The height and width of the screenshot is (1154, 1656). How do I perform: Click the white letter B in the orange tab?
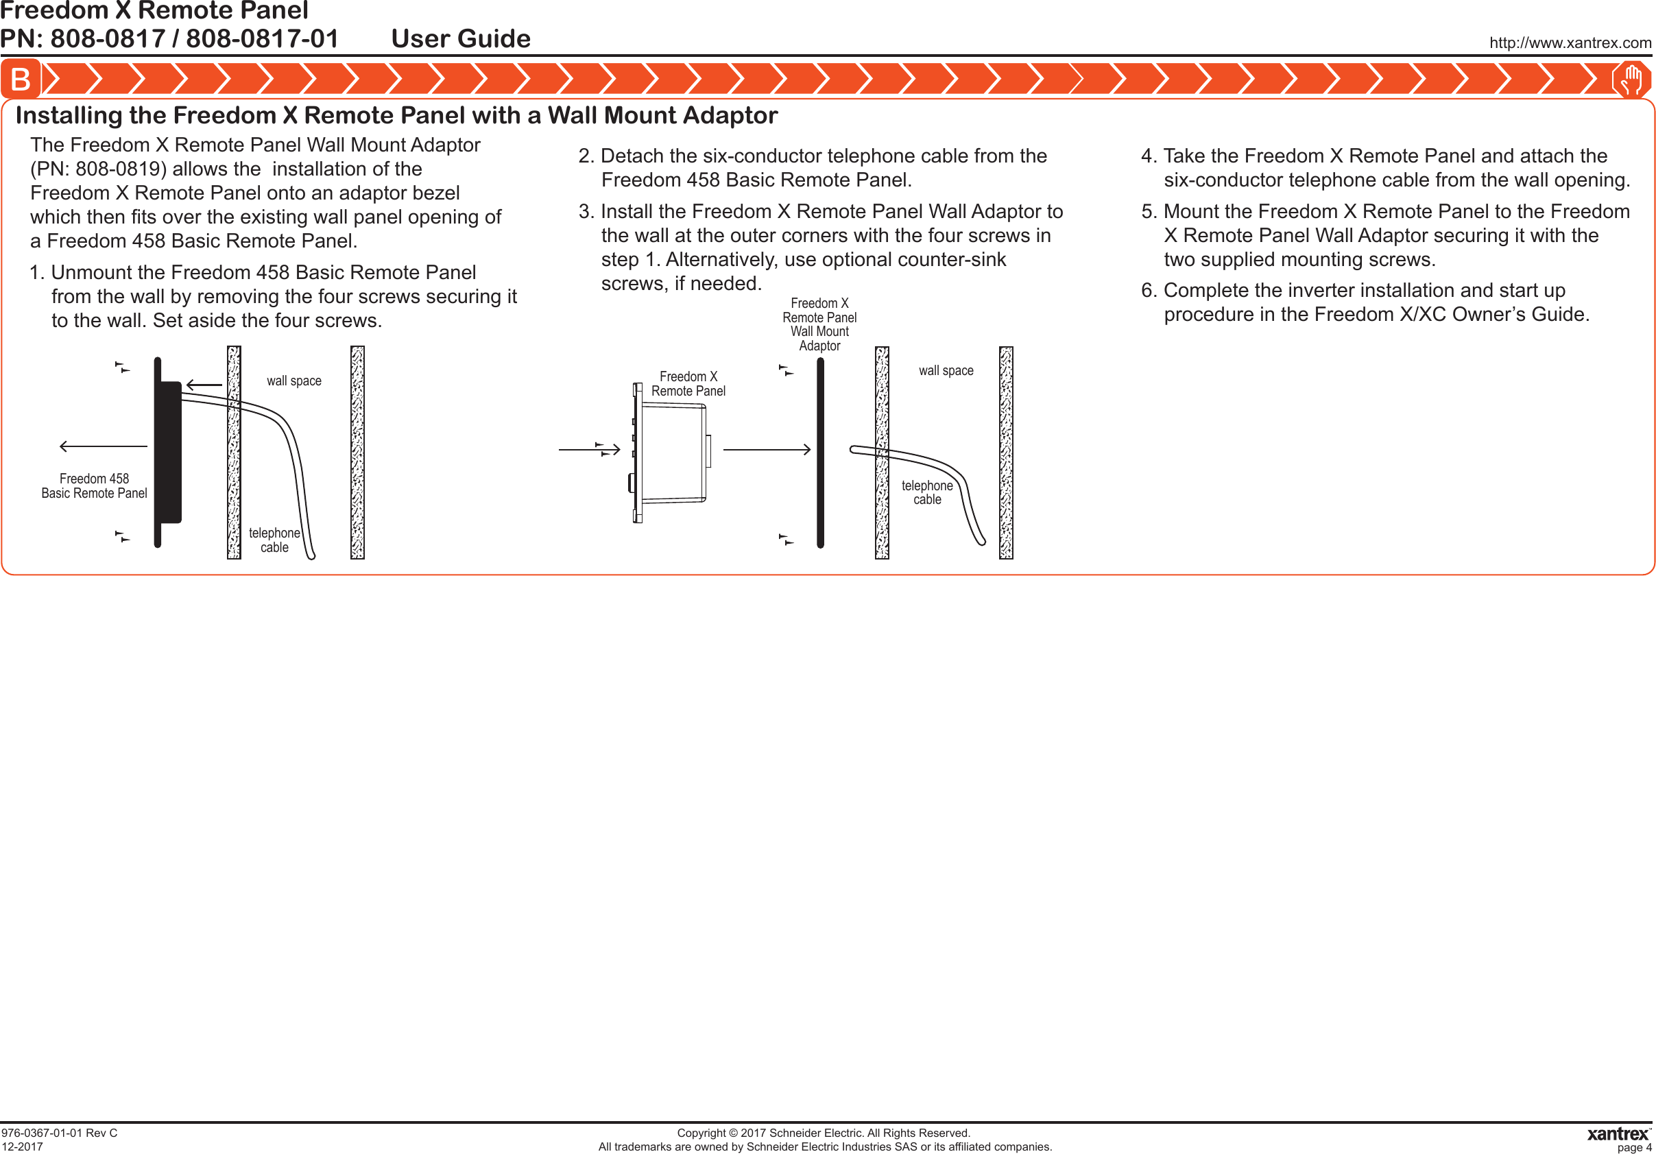click(x=20, y=80)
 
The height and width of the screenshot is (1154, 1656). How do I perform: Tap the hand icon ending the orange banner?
click(x=1631, y=80)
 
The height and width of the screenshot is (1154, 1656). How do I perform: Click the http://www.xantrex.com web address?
click(x=1570, y=43)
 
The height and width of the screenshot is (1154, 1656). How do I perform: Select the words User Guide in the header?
click(x=460, y=38)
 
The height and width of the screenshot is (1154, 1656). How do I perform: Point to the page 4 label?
click(x=1633, y=1146)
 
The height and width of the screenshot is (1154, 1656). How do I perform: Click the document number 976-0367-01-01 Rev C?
click(x=59, y=1132)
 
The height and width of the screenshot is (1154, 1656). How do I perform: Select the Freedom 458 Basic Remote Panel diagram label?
click(x=94, y=485)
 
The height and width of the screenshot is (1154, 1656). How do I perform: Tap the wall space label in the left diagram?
click(x=293, y=381)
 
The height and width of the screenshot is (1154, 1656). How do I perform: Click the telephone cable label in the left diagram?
click(x=274, y=540)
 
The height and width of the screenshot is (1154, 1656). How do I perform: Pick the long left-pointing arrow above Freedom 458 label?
click(x=103, y=446)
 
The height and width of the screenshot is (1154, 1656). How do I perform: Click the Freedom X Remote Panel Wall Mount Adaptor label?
click(x=819, y=324)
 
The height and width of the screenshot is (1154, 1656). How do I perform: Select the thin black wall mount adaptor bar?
click(x=820, y=453)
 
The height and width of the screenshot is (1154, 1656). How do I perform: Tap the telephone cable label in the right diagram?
click(x=927, y=492)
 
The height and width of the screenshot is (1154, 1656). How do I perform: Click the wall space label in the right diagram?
click(x=946, y=371)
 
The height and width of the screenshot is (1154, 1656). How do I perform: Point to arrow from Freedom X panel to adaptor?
click(x=766, y=449)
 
